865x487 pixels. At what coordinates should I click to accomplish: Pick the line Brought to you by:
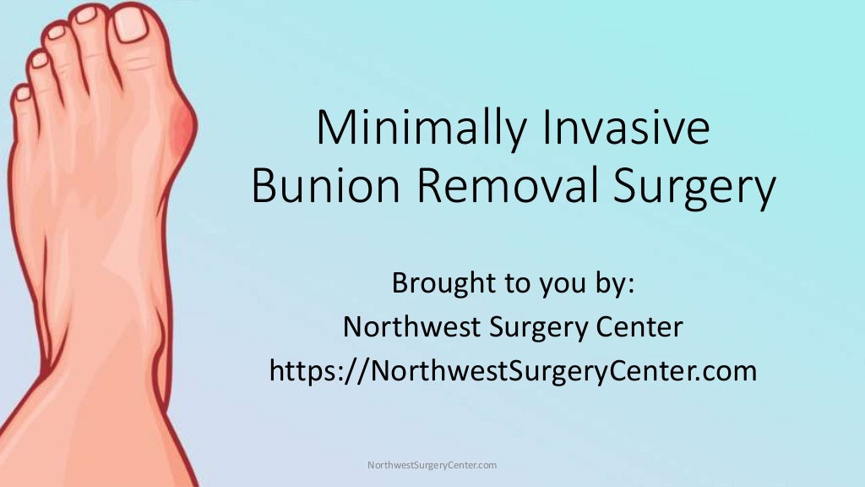click(513, 284)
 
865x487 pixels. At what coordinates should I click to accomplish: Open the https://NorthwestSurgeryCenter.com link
click(513, 370)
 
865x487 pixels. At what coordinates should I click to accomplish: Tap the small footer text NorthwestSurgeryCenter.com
click(432, 465)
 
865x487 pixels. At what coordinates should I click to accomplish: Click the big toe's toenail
click(131, 24)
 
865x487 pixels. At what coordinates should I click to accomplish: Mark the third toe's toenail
click(57, 32)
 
